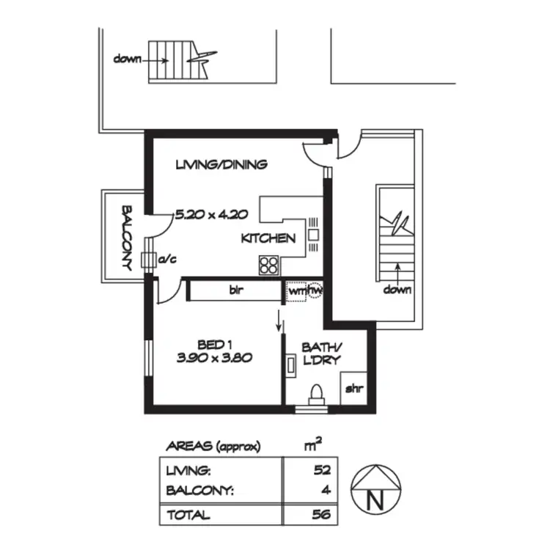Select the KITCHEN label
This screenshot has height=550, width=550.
tap(268, 238)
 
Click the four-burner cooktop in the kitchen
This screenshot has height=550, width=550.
tap(269, 264)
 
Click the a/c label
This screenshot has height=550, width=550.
tap(166, 258)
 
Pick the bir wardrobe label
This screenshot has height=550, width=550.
tap(235, 290)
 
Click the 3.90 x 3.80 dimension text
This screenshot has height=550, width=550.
tap(215, 359)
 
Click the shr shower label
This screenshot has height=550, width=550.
tap(353, 389)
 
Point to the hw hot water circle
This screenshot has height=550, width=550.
tap(316, 290)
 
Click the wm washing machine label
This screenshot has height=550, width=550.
tap(297, 290)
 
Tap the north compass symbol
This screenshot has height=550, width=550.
tap(375, 488)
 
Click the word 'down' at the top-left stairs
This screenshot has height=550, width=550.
tap(127, 58)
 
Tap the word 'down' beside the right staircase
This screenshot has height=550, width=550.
tap(397, 290)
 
